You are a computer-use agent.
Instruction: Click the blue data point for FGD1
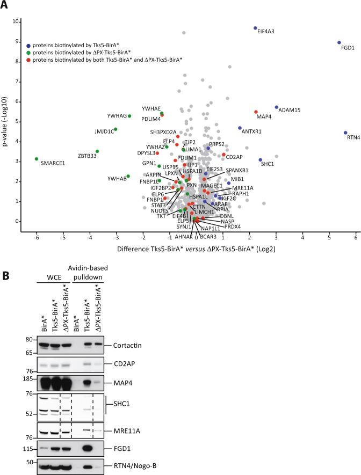339,42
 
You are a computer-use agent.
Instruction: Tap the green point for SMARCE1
37,159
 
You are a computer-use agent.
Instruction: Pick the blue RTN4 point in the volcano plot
345,133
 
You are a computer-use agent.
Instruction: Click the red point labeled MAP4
256,112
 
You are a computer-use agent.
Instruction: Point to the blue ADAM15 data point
277,107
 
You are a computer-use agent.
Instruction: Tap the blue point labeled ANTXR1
240,128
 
